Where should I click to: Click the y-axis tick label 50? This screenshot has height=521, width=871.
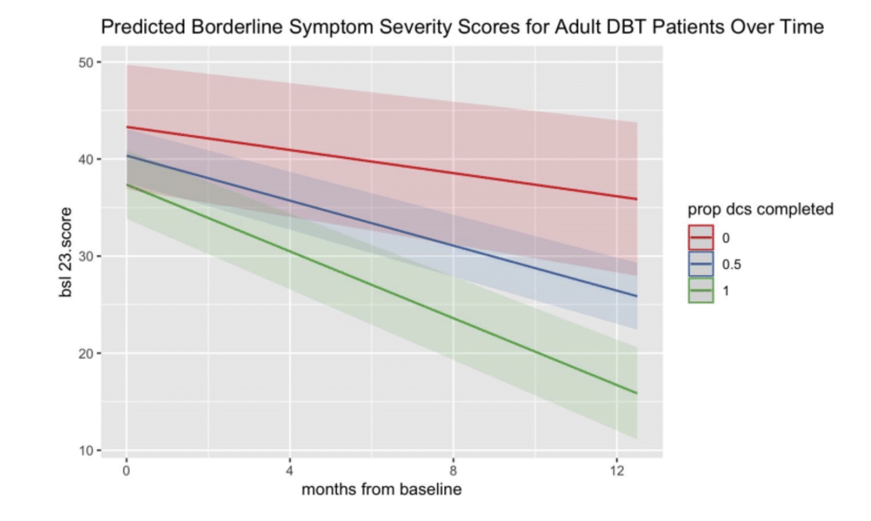[86, 63]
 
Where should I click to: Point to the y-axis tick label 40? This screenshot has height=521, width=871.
[86, 159]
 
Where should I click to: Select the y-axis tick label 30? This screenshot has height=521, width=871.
[86, 256]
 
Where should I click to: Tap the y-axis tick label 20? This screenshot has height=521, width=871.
[86, 353]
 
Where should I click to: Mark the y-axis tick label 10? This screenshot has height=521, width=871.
[86, 451]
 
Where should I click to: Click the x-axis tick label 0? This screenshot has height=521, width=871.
[126, 470]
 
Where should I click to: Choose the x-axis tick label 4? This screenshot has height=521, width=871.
[290, 470]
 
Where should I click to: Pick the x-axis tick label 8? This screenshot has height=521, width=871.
[453, 470]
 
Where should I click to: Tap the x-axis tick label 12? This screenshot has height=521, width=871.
[617, 470]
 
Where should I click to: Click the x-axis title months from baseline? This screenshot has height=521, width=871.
[381, 489]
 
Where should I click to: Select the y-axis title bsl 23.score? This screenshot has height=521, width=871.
[65, 252]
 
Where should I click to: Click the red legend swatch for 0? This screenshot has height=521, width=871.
[701, 238]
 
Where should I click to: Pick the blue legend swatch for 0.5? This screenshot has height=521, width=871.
[701, 264]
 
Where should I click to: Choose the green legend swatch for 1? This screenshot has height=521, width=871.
[701, 291]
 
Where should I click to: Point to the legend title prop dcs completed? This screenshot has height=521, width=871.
[760, 209]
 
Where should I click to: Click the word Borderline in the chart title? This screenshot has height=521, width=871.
[237, 26]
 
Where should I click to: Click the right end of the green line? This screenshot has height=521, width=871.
[637, 393]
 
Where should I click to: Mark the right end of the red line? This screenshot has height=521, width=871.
[637, 199]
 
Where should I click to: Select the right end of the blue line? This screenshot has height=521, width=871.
[637, 296]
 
